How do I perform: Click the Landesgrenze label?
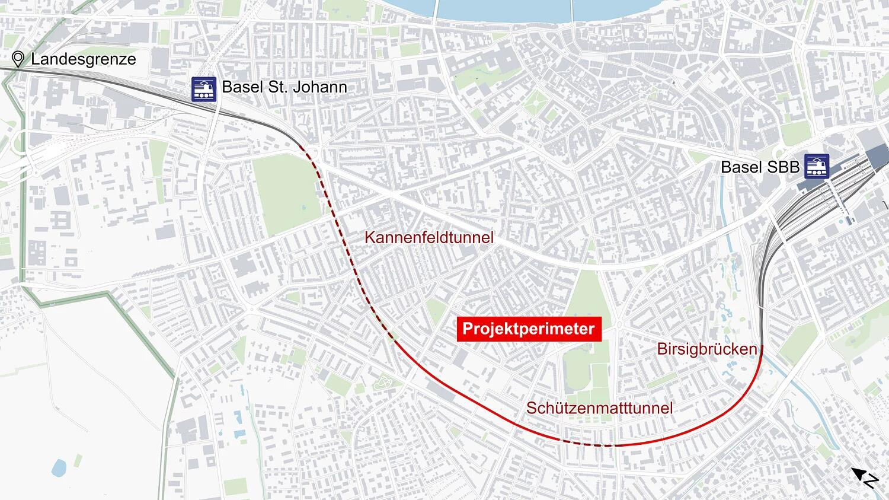coord(83,59)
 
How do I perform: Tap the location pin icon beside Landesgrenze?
coord(18,59)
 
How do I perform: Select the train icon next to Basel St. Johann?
coord(203,88)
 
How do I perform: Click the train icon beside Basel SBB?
coord(817,167)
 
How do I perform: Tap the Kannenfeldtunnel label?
coord(428,238)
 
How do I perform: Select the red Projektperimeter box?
coord(529,329)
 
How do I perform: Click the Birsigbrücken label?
coord(706,349)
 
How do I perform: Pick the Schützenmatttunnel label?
coord(599,408)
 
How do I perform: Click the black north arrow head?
coord(858,473)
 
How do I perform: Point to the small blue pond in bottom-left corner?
coord(59,468)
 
